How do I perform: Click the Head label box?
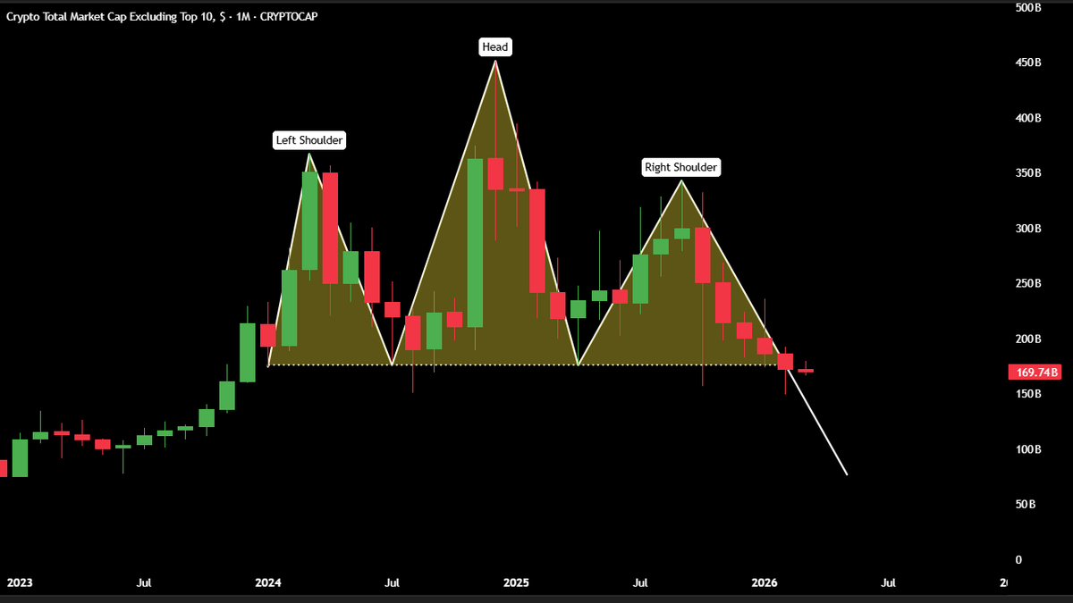(495, 46)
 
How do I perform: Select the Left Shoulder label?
(308, 140)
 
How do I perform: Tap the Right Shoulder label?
(681, 167)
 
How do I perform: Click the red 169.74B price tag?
(1035, 373)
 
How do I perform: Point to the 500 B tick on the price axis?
(1027, 8)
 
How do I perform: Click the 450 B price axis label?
(1027, 63)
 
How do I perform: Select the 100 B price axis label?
(1027, 449)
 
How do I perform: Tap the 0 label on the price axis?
(1018, 560)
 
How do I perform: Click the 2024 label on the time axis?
(267, 583)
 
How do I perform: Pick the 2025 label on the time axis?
(516, 583)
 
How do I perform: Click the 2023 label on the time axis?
(20, 583)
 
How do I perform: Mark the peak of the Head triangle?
(495, 61)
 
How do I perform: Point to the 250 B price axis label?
(1027, 284)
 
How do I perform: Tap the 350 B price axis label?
(1027, 173)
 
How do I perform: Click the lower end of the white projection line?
(846, 474)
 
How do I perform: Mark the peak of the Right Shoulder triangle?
(682, 181)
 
